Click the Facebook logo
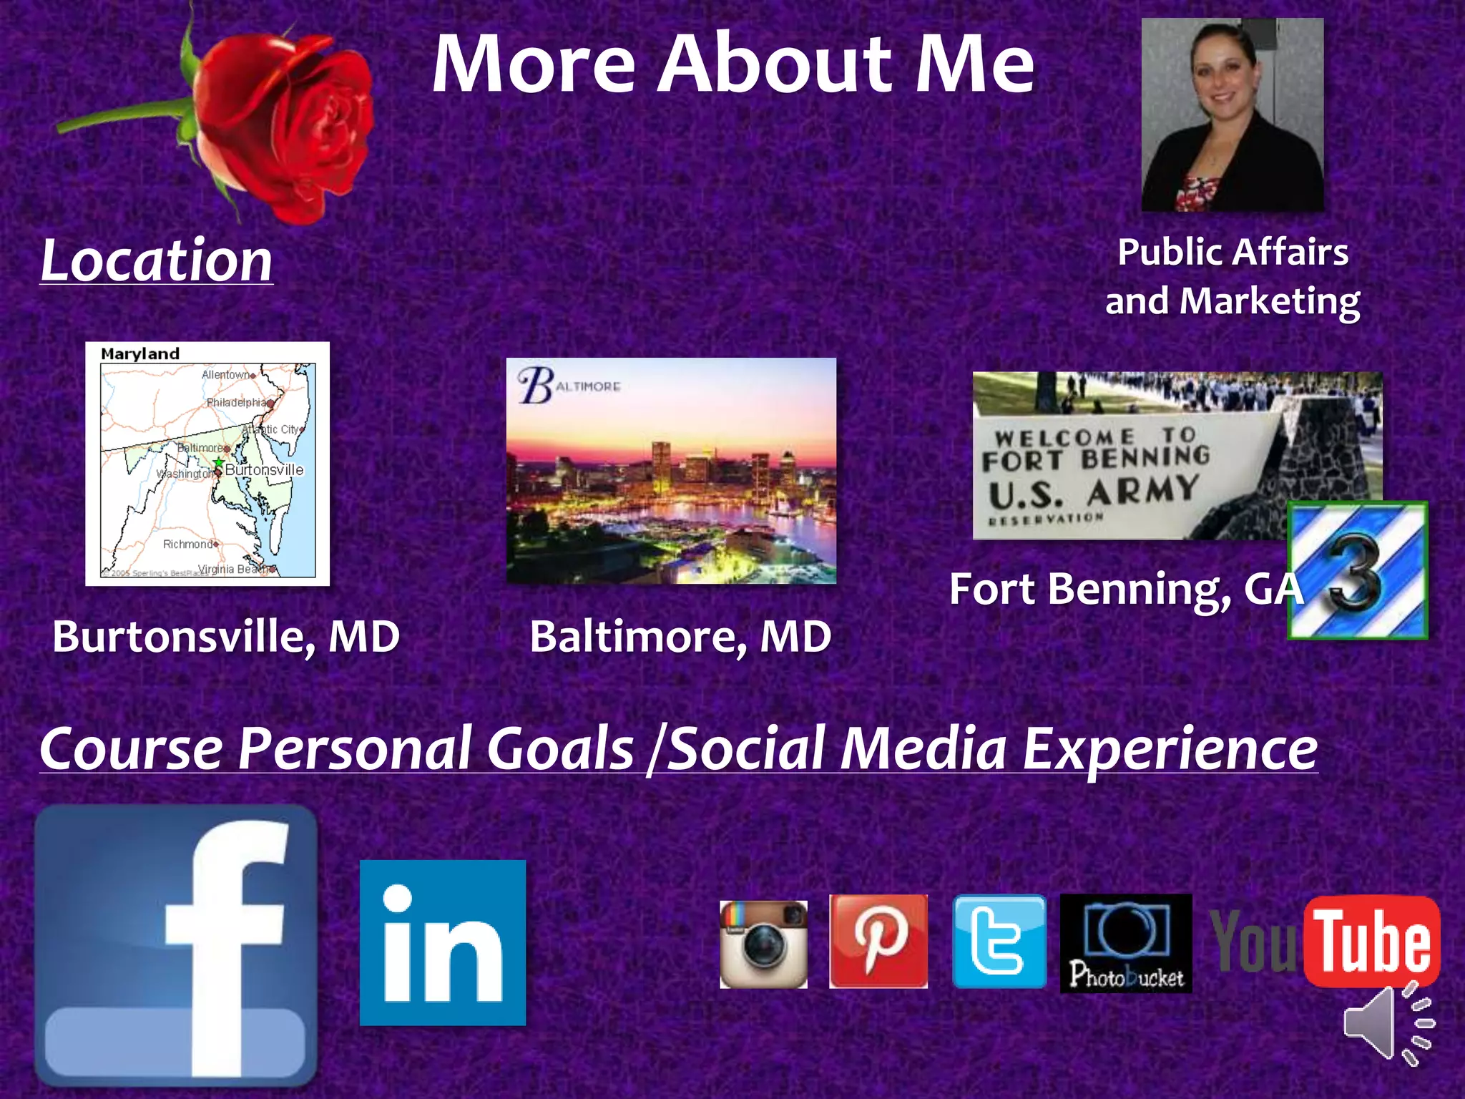point(176,944)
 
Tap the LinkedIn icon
point(442,942)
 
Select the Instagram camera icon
point(763,944)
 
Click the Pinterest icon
point(878,942)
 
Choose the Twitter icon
point(999,942)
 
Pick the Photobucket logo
point(1125,943)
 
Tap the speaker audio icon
point(1386,1023)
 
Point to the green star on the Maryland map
point(219,462)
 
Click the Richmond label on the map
point(187,544)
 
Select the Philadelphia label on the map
point(236,402)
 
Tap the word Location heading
point(156,260)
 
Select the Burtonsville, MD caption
point(225,636)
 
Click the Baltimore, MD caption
point(680,636)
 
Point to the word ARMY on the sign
point(1142,491)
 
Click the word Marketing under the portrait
point(1270,301)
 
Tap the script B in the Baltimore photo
point(535,385)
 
